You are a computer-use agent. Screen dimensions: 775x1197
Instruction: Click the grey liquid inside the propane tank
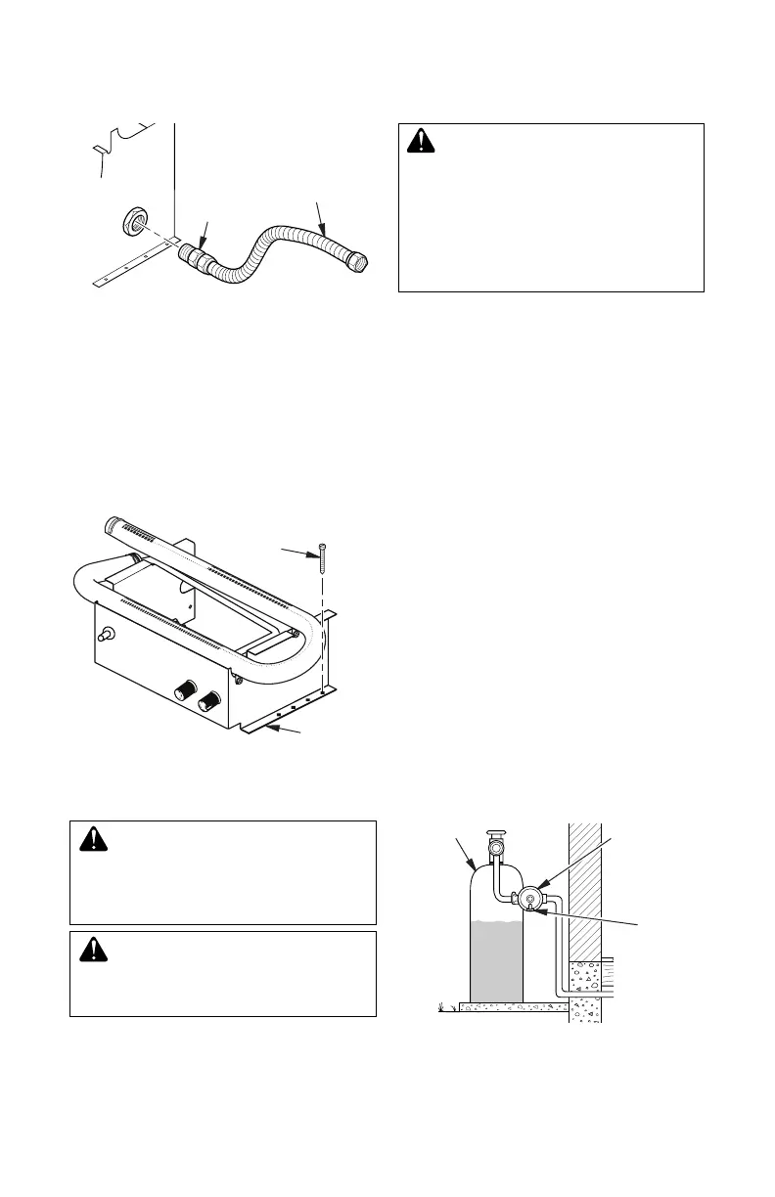pyautogui.click(x=497, y=963)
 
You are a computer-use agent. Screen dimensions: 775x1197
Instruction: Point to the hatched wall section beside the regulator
pyautogui.click(x=585, y=890)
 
